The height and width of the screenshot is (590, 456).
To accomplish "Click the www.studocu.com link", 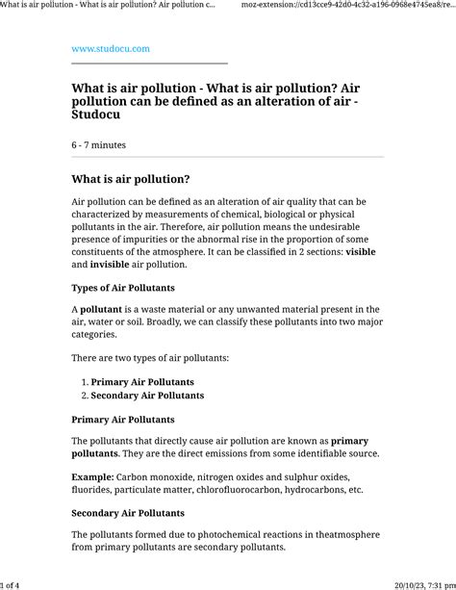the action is coord(111,48).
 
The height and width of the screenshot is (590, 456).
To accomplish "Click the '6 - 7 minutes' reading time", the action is coord(98,144).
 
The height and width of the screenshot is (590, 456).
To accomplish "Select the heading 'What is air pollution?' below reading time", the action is coord(131,179).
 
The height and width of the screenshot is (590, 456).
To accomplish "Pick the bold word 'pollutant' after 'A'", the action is coord(101,310).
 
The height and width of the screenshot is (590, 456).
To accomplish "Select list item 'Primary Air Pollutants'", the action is coord(141,382).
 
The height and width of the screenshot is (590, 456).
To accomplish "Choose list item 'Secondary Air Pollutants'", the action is coord(147,396).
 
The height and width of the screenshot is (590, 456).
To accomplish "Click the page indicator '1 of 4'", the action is coord(10,584).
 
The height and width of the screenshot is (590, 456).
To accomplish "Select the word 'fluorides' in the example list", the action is coord(97,490).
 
